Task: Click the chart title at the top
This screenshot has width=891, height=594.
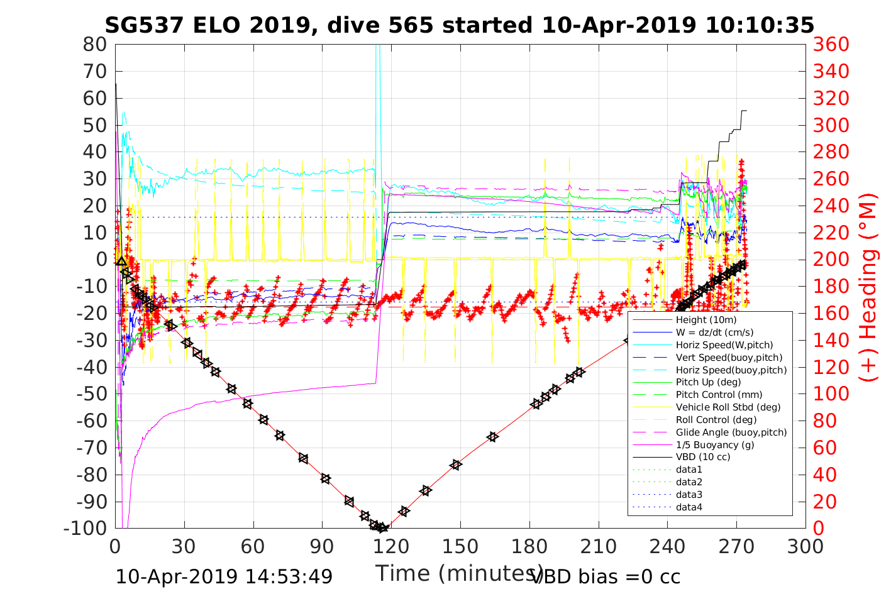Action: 459,25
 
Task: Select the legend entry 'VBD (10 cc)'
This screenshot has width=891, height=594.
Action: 703,457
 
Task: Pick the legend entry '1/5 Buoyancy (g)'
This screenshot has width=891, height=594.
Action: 715,445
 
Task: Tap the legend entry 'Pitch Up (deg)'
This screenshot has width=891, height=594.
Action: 708,382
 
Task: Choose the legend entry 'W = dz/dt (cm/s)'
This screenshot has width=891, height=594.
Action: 714,333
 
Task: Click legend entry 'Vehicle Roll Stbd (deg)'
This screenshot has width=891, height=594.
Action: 728,407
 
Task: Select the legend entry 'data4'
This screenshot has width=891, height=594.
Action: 689,507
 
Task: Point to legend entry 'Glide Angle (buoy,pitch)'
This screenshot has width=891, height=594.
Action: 731,432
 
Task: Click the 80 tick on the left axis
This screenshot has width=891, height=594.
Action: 95,45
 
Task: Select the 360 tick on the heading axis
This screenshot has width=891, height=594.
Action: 831,45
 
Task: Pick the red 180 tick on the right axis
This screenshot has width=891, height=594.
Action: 831,287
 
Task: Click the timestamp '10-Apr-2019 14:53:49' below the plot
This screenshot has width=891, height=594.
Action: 224,576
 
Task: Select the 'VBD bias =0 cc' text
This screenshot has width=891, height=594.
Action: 606,576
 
